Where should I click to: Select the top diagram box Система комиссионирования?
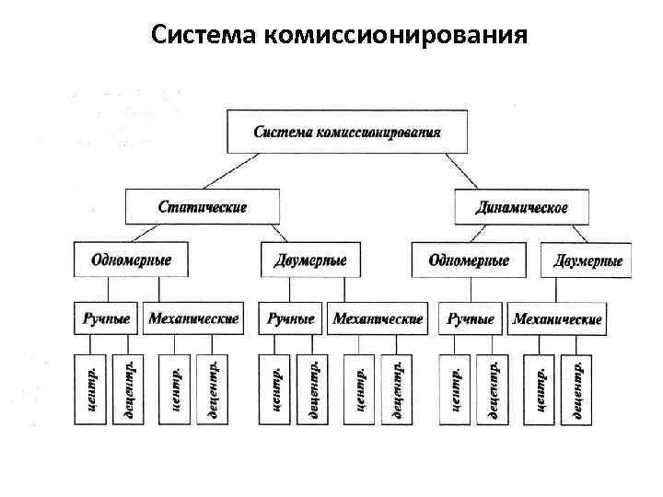tap(346, 131)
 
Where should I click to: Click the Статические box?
tap(202, 206)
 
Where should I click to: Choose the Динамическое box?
tap(521, 206)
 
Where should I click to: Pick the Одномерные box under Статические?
tap(131, 260)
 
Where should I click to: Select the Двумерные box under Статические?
tap(310, 260)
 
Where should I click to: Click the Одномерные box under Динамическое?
tap(469, 260)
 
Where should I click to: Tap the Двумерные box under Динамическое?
tap(587, 260)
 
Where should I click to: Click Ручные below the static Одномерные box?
tap(107, 318)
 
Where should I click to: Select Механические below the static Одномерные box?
tap(193, 318)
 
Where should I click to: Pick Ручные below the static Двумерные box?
tap(290, 318)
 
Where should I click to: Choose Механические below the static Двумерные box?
tap(378, 318)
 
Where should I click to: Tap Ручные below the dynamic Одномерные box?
tap(470, 318)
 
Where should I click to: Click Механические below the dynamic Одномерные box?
tap(557, 318)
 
